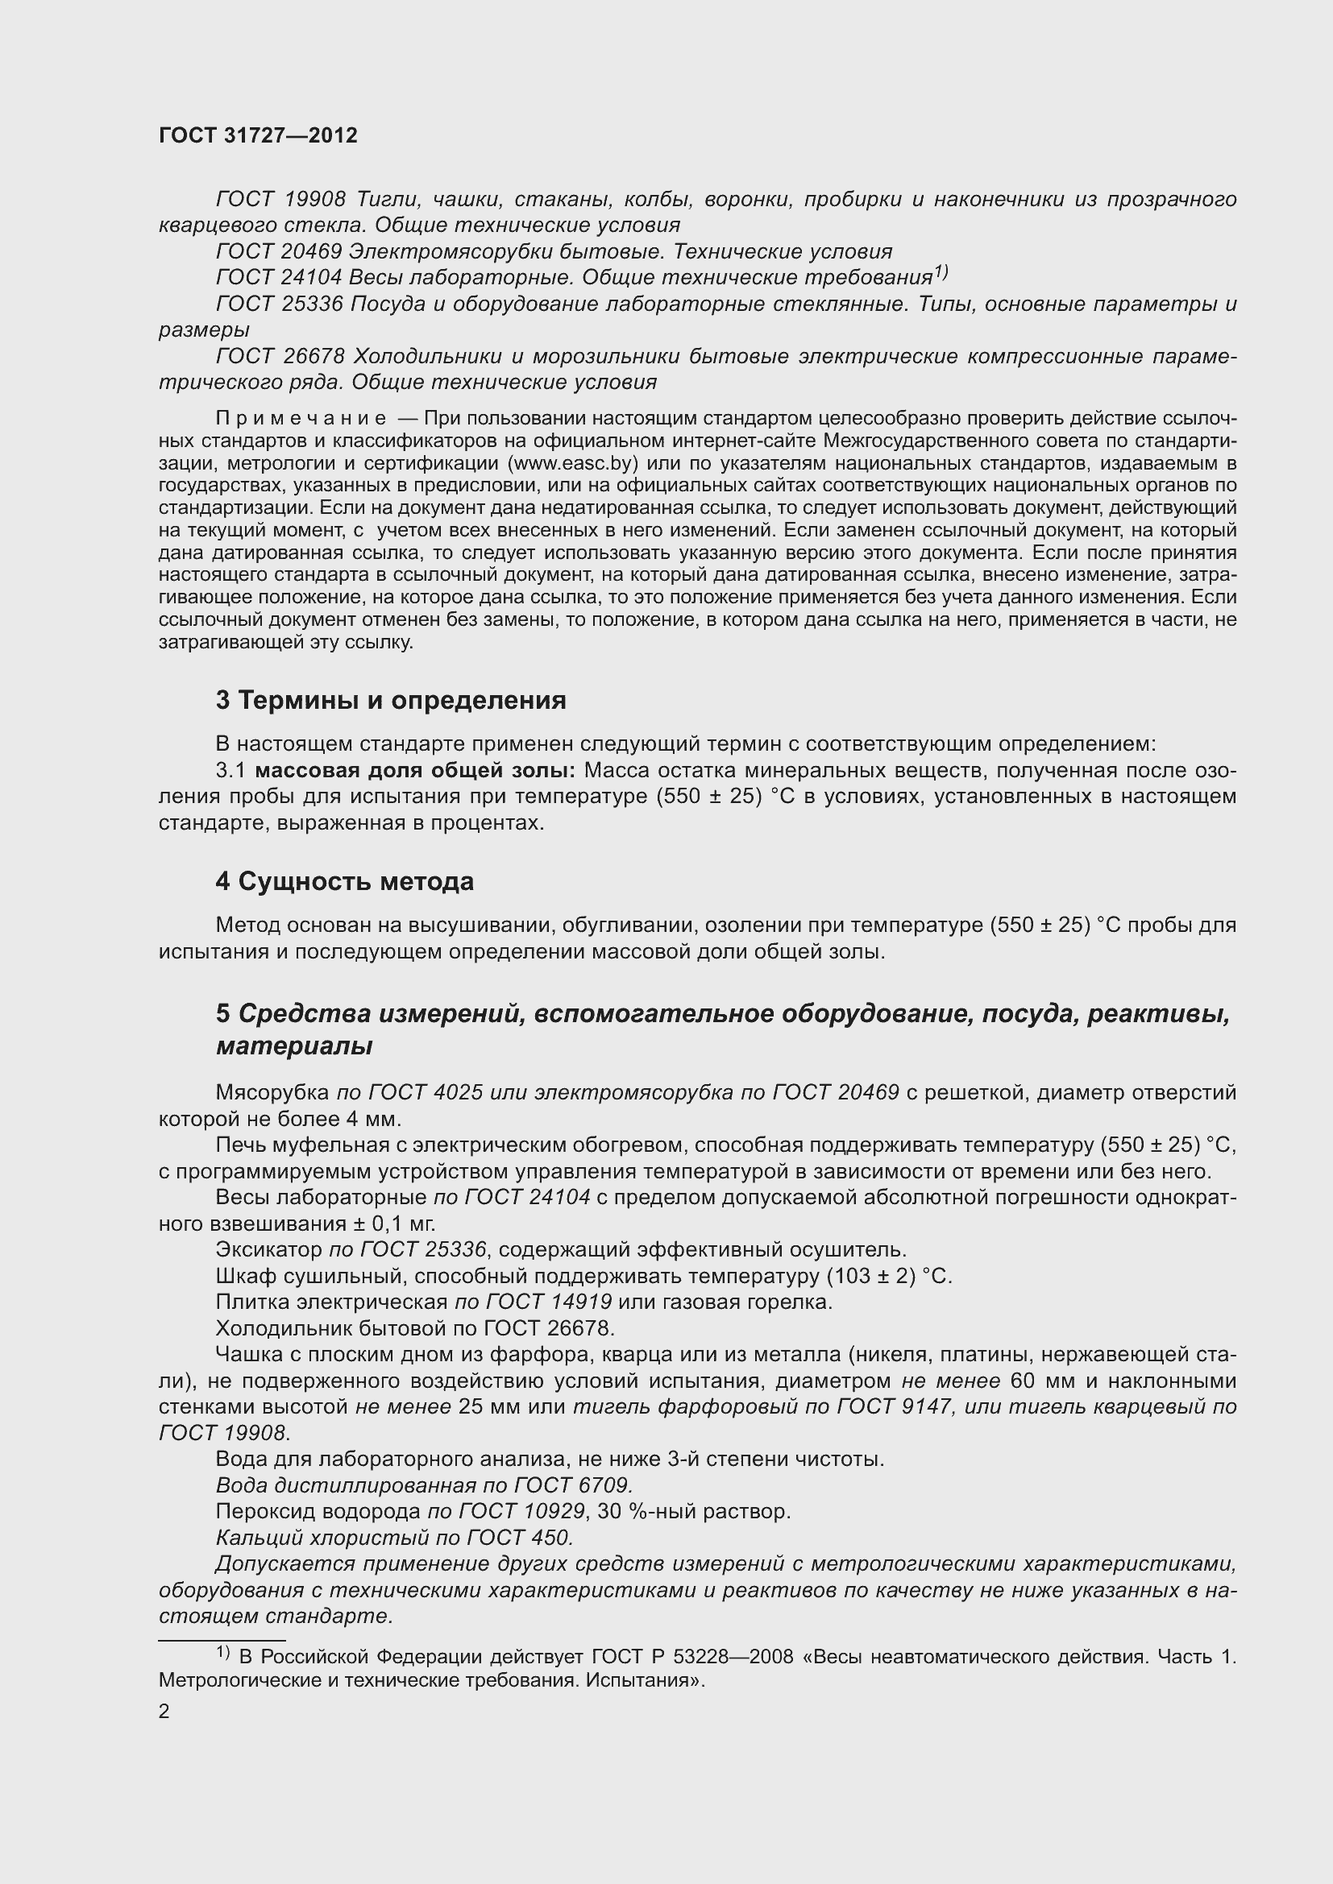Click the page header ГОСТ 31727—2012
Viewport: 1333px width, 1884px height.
[x=258, y=136]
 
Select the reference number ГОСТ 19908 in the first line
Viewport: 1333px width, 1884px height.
[x=280, y=200]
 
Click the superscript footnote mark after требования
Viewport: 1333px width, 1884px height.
[x=941, y=271]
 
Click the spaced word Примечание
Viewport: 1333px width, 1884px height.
[x=301, y=420]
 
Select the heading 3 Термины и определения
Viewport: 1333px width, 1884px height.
[x=391, y=700]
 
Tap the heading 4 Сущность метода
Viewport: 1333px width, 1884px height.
[x=345, y=881]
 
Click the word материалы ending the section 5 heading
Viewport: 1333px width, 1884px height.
[x=294, y=1046]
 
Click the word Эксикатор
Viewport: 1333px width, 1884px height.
[x=268, y=1250]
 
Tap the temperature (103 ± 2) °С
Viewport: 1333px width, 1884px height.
[x=889, y=1276]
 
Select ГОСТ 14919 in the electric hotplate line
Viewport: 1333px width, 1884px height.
[x=549, y=1302]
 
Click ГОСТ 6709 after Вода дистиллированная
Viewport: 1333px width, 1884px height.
[x=573, y=1485]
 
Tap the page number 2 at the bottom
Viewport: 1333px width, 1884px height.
[x=164, y=1711]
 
